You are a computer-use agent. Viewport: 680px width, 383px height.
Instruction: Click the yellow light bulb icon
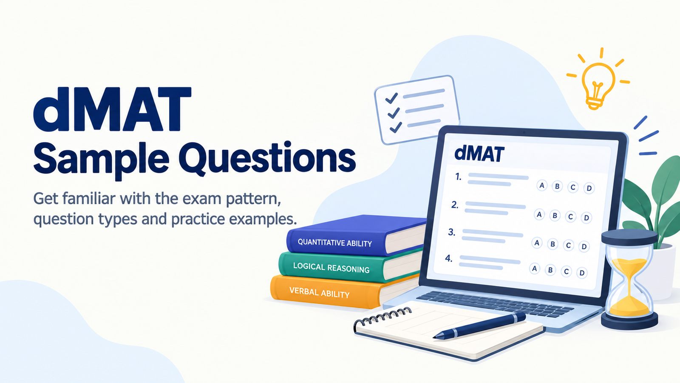click(598, 85)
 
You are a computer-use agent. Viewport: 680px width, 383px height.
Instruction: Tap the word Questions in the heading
click(267, 159)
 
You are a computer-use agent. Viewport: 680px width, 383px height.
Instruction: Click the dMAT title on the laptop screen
click(479, 154)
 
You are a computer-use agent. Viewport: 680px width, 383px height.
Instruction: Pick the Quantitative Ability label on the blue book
click(334, 243)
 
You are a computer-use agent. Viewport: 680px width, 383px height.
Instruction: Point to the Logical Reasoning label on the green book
click(331, 268)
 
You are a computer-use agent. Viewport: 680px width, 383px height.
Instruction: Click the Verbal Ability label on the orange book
click(319, 292)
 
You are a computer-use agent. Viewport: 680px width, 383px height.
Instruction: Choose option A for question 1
click(541, 185)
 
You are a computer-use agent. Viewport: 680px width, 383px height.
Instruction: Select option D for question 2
click(586, 217)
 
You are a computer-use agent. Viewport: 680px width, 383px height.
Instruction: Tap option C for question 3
click(568, 245)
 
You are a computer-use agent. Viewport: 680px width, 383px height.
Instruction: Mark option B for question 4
click(550, 270)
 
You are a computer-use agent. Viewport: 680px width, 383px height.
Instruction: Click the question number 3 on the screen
click(452, 232)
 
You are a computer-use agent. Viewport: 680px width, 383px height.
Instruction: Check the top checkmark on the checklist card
click(391, 98)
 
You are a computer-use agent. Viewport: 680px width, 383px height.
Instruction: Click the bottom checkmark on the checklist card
click(396, 127)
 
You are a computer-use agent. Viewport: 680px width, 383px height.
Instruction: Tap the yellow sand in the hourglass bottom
click(629, 307)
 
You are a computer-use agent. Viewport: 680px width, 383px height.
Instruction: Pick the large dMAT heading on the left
click(112, 109)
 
